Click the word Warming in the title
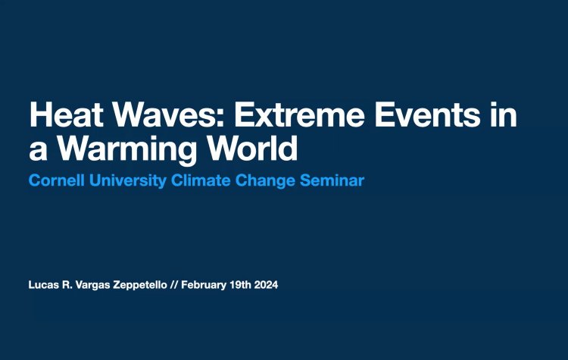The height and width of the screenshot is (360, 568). pos(120,149)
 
